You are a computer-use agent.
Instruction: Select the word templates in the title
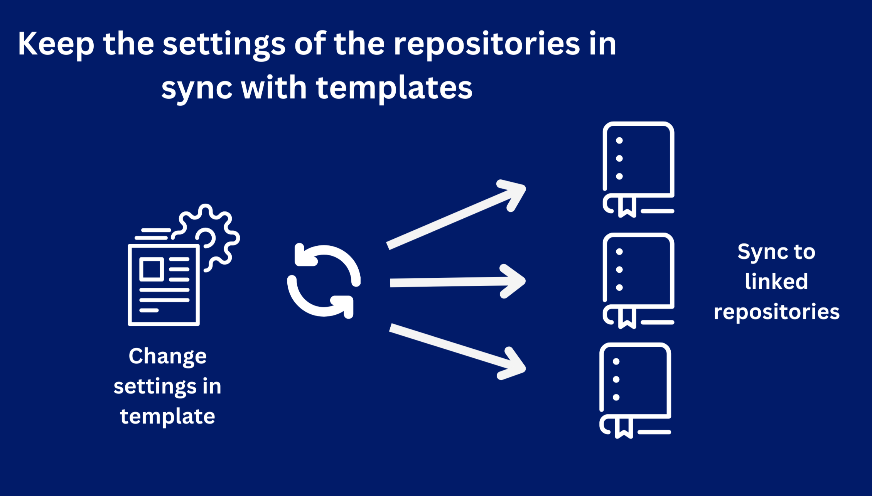pos(394,88)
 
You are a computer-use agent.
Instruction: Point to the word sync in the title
pos(197,88)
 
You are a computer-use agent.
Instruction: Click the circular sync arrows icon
pos(324,281)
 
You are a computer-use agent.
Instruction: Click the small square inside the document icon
pos(152,269)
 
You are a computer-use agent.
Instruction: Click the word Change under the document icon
pos(167,356)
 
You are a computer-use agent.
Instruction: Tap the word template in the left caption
pos(167,417)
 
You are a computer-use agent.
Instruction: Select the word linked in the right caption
pos(776,281)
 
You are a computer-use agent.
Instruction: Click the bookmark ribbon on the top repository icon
pos(627,207)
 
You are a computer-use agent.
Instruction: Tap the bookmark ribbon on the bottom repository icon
pos(624,428)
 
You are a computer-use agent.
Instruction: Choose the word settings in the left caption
pos(155,386)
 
